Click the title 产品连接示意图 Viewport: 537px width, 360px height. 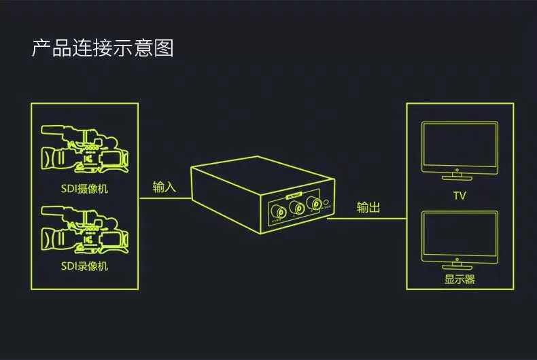[x=103, y=48]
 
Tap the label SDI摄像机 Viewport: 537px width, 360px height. [x=84, y=189]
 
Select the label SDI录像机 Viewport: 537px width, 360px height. [x=84, y=266]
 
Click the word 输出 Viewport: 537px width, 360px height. [x=368, y=207]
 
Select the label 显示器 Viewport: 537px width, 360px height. [x=460, y=280]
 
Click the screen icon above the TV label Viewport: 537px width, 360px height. [x=460, y=146]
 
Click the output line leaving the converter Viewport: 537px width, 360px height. [x=367, y=218]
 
